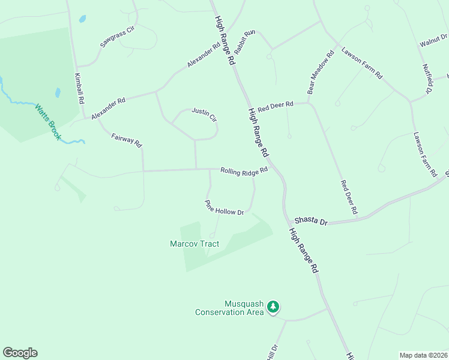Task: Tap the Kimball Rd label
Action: [78, 89]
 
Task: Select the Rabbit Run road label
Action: [244, 42]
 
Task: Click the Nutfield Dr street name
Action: [428, 79]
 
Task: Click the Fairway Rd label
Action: [127, 141]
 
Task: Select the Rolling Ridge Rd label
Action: [243, 172]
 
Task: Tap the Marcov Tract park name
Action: [194, 244]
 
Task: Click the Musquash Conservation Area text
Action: [229, 308]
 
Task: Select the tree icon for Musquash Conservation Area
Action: [273, 307]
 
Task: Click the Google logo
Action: [20, 353]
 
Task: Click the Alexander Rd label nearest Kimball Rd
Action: [108, 108]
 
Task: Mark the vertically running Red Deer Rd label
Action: [349, 197]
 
